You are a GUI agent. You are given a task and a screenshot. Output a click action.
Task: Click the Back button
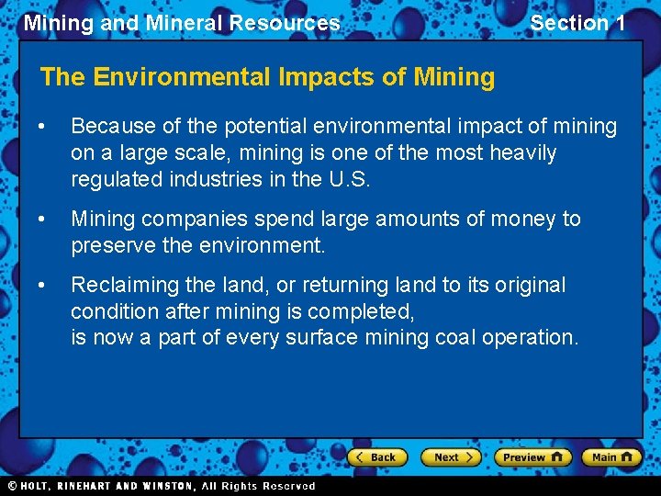pos(375,457)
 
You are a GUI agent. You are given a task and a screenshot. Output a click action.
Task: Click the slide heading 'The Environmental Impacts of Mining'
pos(267,77)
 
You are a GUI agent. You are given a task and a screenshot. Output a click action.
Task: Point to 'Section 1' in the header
pos(577,23)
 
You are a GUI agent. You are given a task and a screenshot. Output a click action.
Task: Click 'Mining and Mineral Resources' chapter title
pos(182,23)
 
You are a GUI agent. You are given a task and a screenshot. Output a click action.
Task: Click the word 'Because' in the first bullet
pos(111,126)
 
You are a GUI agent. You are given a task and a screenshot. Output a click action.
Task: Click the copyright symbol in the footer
pos(12,486)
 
